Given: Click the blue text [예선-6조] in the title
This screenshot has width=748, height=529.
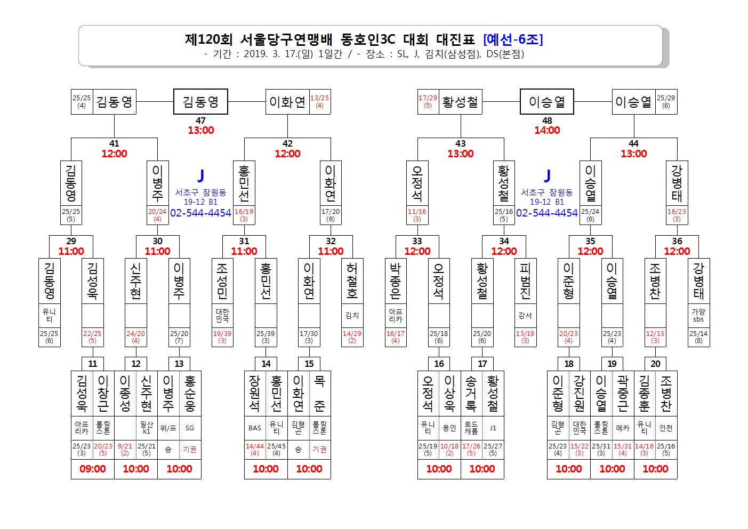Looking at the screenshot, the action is click(x=513, y=39).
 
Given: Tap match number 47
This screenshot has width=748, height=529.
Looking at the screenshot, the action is click(x=200, y=121).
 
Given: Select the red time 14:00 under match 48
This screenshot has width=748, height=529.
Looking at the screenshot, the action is click(x=547, y=130).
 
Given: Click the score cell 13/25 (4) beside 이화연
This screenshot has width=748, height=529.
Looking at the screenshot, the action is click(x=319, y=101).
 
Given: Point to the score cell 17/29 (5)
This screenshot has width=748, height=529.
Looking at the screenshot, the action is click(x=428, y=101).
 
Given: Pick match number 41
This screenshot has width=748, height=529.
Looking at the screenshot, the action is click(x=114, y=143).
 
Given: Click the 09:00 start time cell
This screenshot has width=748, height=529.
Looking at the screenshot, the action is click(x=92, y=469).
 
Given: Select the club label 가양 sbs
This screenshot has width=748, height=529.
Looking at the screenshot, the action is click(x=698, y=315).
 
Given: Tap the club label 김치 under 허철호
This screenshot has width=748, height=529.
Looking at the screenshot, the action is click(x=352, y=315).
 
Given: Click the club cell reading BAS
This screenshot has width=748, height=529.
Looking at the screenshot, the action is click(x=255, y=428).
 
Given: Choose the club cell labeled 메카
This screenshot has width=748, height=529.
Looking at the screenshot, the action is click(x=623, y=428).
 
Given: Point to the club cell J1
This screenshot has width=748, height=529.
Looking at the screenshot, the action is click(x=493, y=428).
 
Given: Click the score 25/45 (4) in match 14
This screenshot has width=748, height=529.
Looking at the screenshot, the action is click(x=277, y=450).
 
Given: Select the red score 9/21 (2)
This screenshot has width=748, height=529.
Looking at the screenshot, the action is click(x=125, y=450).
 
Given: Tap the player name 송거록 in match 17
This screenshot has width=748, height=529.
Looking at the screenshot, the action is click(x=471, y=394).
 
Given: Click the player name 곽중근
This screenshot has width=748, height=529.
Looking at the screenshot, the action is click(x=623, y=394).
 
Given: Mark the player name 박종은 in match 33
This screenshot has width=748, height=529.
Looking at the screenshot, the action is click(x=396, y=281).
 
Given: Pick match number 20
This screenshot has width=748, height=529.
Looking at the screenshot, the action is click(x=655, y=364).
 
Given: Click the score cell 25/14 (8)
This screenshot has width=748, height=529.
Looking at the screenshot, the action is click(x=698, y=337).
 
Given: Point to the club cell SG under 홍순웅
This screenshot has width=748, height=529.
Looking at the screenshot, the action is click(x=190, y=428).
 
